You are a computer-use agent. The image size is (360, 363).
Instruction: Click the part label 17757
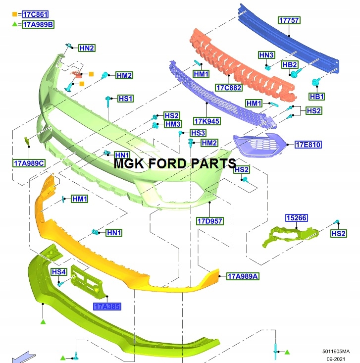tap(289, 20)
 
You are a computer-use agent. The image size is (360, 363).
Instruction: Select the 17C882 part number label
tap(228, 88)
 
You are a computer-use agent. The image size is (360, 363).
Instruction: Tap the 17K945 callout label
tap(207, 121)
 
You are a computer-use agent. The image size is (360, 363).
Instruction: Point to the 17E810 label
tap(308, 145)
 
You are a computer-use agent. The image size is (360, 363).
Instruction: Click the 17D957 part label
tap(210, 221)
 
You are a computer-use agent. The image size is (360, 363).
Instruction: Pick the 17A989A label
tap(243, 276)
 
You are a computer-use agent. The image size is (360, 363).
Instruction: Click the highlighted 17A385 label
tap(107, 307)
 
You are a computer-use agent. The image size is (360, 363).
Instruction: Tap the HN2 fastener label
tap(87, 48)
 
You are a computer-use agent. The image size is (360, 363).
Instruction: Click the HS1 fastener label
tap(126, 99)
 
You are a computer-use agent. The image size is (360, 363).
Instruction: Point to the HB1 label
tap(316, 96)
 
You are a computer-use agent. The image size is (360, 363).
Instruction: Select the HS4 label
tap(59, 272)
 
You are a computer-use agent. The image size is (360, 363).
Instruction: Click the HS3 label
tap(198, 133)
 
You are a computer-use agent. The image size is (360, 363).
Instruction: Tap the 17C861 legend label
tap(35, 15)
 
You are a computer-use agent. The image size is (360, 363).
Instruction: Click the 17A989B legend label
tap(38, 24)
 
